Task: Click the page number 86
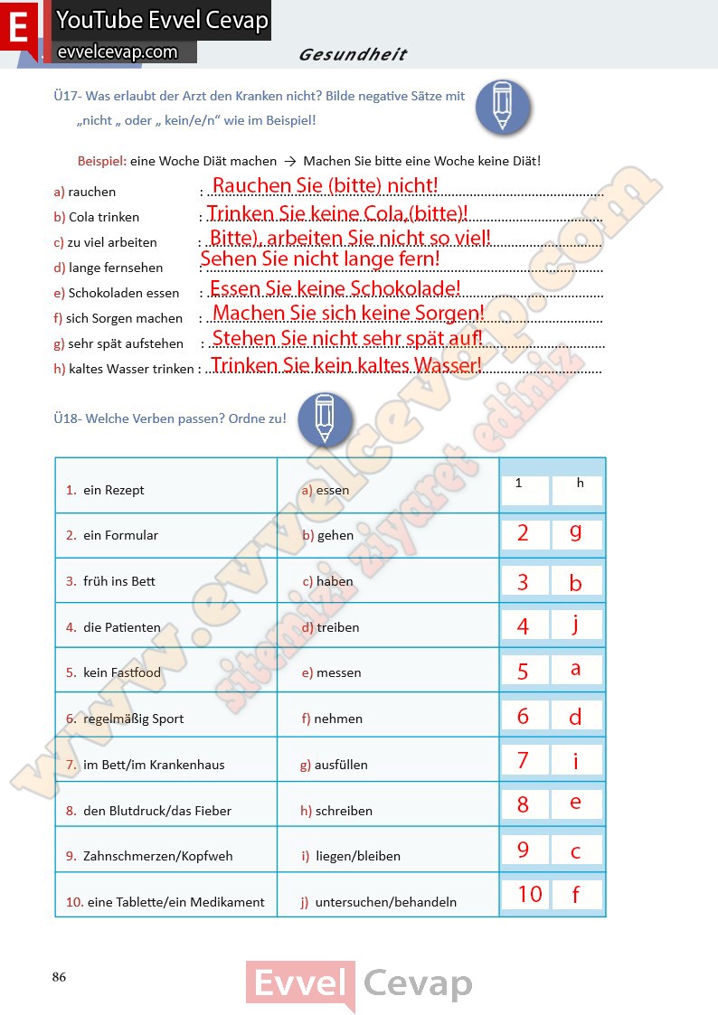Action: pyautogui.click(x=60, y=977)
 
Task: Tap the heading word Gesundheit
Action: pyautogui.click(x=353, y=55)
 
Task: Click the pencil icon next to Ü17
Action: pyautogui.click(x=502, y=107)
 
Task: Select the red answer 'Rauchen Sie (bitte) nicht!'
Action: pyautogui.click(x=325, y=186)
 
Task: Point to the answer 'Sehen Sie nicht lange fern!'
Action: pyautogui.click(x=320, y=259)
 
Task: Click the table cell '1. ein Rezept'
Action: pyautogui.click(x=105, y=490)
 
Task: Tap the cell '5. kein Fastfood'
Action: pyautogui.click(x=113, y=672)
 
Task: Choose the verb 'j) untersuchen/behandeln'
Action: pyautogui.click(x=379, y=902)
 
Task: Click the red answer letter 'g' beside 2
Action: pyautogui.click(x=576, y=531)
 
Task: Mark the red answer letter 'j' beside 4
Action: pyautogui.click(x=575, y=624)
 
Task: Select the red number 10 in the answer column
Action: pyautogui.click(x=529, y=894)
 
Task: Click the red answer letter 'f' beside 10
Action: pyautogui.click(x=575, y=895)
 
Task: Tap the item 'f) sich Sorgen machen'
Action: pyautogui.click(x=118, y=318)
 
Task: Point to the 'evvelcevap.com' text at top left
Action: pyautogui.click(x=117, y=52)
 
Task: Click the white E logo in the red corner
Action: pyautogui.click(x=18, y=27)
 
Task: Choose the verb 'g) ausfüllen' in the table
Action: pyautogui.click(x=334, y=765)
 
